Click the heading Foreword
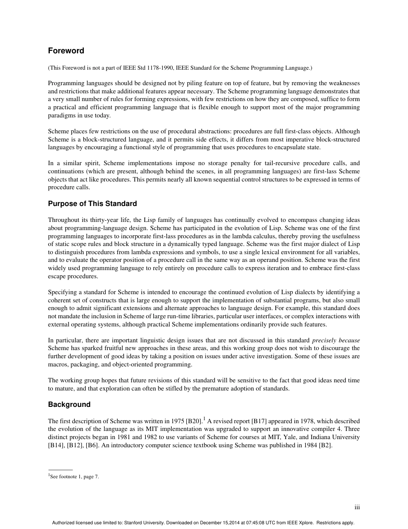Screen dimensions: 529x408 pyautogui.click(x=66, y=51)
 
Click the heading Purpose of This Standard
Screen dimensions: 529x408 pyautogui.click(x=92, y=204)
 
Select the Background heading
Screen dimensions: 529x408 pyautogui.click(x=69, y=404)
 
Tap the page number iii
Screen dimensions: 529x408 pyautogui.click(x=357, y=507)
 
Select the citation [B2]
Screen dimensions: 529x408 pyautogui.click(x=325, y=446)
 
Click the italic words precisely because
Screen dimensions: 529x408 pyautogui.click(x=336, y=340)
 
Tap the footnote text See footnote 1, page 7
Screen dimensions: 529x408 pyautogui.click(x=75, y=476)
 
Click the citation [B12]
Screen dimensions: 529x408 pyautogui.click(x=75, y=446)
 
